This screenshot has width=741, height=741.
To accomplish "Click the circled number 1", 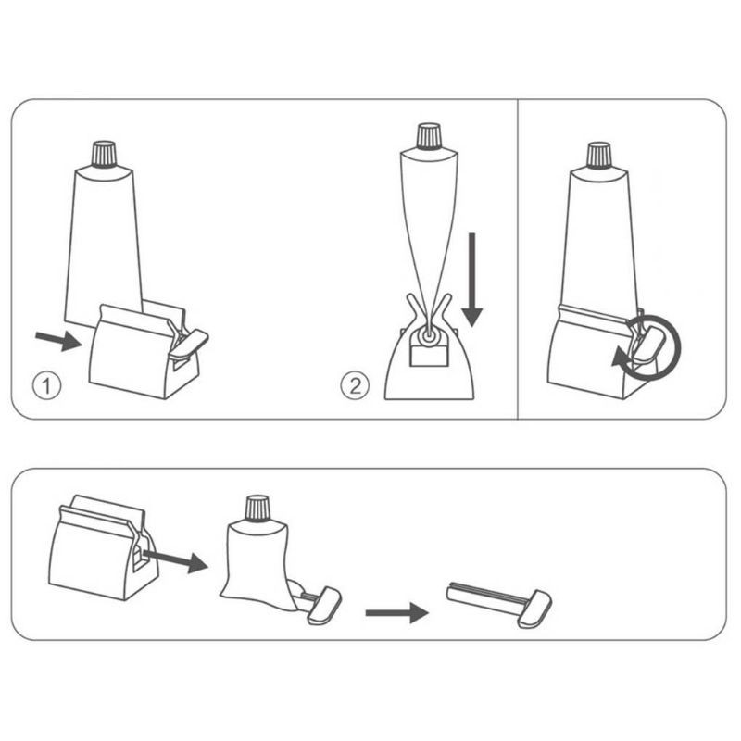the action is (x=46, y=385).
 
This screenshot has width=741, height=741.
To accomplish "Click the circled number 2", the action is (x=355, y=385).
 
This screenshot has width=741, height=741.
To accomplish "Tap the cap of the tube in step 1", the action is (x=105, y=154).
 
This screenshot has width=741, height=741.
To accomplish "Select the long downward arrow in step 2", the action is (x=471, y=280).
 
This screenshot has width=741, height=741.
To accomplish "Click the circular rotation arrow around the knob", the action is (x=650, y=348).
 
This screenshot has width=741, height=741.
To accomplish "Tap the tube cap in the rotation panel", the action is (x=598, y=156).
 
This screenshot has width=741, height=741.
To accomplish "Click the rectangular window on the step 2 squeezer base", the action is (x=428, y=356).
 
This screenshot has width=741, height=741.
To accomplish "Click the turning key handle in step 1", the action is (x=189, y=343).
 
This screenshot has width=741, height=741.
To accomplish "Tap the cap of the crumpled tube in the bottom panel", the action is (x=257, y=509).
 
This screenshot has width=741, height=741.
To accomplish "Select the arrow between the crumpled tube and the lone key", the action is (x=397, y=613).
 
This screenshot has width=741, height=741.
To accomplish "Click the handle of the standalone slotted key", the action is (x=534, y=609).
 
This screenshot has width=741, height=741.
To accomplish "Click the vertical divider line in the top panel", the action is (x=518, y=259).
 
